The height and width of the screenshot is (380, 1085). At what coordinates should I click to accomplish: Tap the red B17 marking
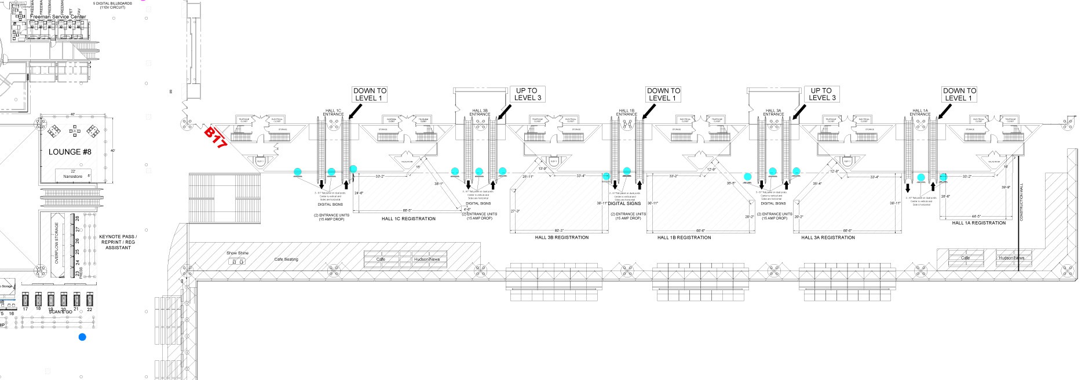point(215,138)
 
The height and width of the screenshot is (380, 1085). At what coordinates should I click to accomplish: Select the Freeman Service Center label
point(58,17)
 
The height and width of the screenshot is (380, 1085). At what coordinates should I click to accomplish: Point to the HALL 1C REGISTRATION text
point(408,219)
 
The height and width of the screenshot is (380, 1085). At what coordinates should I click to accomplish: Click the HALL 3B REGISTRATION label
point(561,237)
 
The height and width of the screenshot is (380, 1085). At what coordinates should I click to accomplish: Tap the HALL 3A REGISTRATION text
point(828,237)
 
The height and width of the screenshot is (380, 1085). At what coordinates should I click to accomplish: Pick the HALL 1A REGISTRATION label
point(978,223)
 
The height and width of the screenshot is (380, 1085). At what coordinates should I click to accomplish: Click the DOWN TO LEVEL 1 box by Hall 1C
point(369,94)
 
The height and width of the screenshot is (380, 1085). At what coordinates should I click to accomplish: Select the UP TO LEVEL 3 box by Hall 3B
point(527,94)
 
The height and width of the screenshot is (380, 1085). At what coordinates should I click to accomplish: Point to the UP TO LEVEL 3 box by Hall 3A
point(821,94)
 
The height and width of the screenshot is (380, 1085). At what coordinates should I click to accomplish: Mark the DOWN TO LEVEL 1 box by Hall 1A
point(959,94)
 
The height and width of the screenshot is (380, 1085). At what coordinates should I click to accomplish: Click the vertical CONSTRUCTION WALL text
point(1021,202)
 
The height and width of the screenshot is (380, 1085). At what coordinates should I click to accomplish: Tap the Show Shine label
point(237,253)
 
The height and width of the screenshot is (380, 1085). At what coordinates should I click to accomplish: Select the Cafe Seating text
point(286,260)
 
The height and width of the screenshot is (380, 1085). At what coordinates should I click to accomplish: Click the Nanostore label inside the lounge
point(74,176)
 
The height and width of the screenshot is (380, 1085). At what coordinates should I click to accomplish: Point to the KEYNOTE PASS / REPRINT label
point(118,242)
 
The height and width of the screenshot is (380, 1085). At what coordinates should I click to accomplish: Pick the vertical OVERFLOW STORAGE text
point(57,243)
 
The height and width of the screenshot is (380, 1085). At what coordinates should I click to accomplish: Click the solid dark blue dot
point(82,337)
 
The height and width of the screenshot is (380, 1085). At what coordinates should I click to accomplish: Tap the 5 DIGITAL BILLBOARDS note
point(112,5)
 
